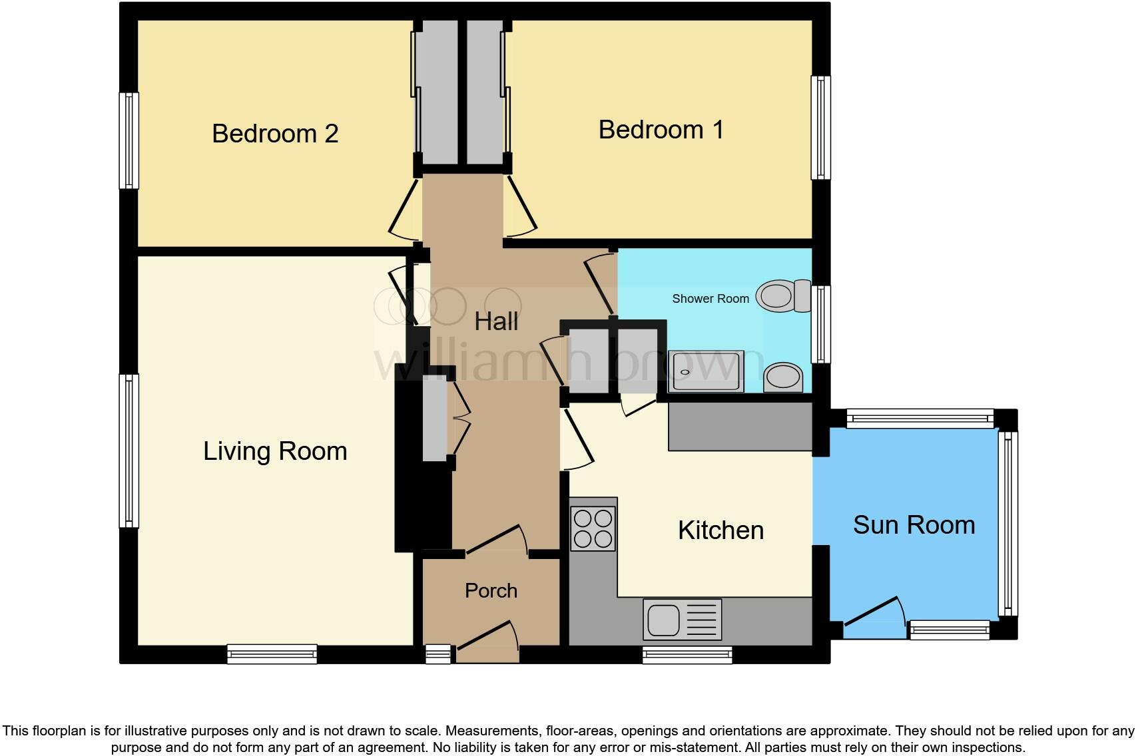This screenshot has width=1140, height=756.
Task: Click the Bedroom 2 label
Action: [275, 134]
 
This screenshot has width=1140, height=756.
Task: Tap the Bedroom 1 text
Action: [661, 130]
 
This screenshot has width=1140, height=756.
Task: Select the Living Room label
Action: [275, 451]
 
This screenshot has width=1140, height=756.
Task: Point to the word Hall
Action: [496, 322]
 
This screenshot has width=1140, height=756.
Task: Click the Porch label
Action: [491, 591]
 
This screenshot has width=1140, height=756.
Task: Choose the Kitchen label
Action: [720, 530]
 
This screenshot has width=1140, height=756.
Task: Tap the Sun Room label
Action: [914, 525]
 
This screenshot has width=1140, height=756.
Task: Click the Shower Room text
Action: [710, 299]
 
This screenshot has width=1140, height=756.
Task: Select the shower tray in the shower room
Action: [706, 371]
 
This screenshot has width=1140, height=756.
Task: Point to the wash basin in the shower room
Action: [783, 378]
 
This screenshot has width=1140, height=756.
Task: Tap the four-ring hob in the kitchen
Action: [593, 528]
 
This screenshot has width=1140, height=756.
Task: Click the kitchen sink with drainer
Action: [682, 620]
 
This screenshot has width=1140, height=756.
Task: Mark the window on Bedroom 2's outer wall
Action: [129, 140]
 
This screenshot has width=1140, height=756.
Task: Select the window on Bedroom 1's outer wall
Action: [820, 128]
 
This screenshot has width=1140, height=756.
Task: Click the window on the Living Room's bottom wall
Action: [272, 654]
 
